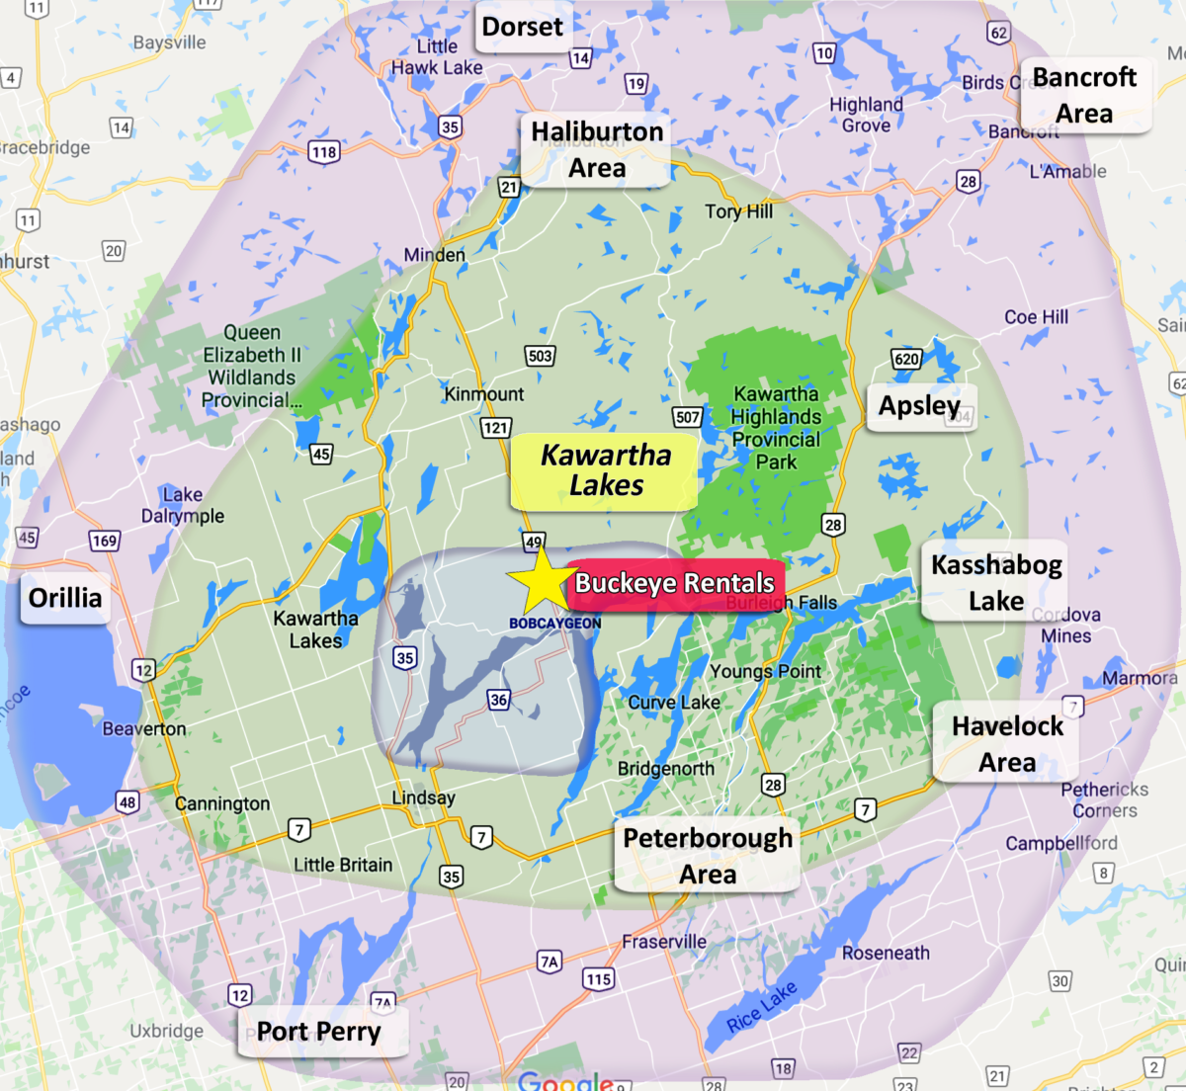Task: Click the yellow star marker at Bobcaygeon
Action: click(x=541, y=582)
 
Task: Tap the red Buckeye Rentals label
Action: click(x=676, y=583)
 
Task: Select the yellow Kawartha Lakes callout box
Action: click(x=605, y=470)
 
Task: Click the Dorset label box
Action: click(x=522, y=27)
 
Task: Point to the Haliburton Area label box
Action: click(x=597, y=149)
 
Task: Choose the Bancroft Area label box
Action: click(x=1084, y=95)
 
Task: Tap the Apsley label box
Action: click(x=920, y=406)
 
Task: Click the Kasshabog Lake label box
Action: click(x=995, y=582)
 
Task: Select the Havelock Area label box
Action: click(x=1007, y=743)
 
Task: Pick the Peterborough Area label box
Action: click(x=708, y=856)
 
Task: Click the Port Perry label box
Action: click(x=319, y=1032)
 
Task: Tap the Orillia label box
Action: click(x=65, y=599)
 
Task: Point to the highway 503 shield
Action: click(x=540, y=356)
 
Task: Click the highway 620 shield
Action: click(x=906, y=359)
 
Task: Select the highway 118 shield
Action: click(x=324, y=152)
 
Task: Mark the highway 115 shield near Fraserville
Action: click(x=598, y=979)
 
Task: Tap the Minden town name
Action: click(x=434, y=255)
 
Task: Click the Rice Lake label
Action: click(x=761, y=1008)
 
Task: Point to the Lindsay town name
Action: click(x=423, y=797)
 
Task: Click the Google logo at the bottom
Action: click(x=564, y=1081)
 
